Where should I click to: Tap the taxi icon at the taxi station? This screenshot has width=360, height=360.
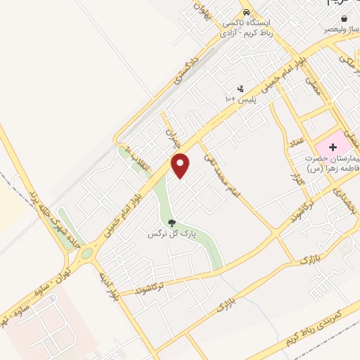245,12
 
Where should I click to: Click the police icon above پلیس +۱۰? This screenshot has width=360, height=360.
242,89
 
